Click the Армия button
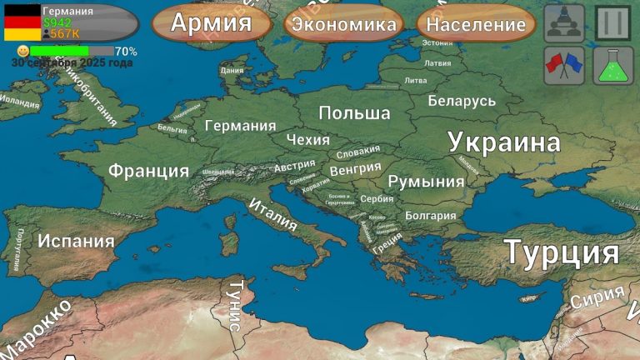click(x=211, y=22)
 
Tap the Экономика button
click(x=344, y=24)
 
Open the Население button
click(x=475, y=24)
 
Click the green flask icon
click(x=612, y=65)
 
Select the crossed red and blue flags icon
click(x=563, y=65)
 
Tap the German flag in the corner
click(x=22, y=22)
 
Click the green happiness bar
click(x=59, y=51)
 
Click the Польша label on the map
click(x=354, y=112)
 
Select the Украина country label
click(x=503, y=142)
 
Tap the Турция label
click(x=561, y=252)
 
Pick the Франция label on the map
click(x=148, y=171)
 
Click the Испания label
click(x=76, y=242)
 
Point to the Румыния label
click(x=426, y=182)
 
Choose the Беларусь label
click(x=462, y=101)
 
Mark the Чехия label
click(x=307, y=139)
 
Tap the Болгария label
click(x=430, y=215)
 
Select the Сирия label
click(x=597, y=297)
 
